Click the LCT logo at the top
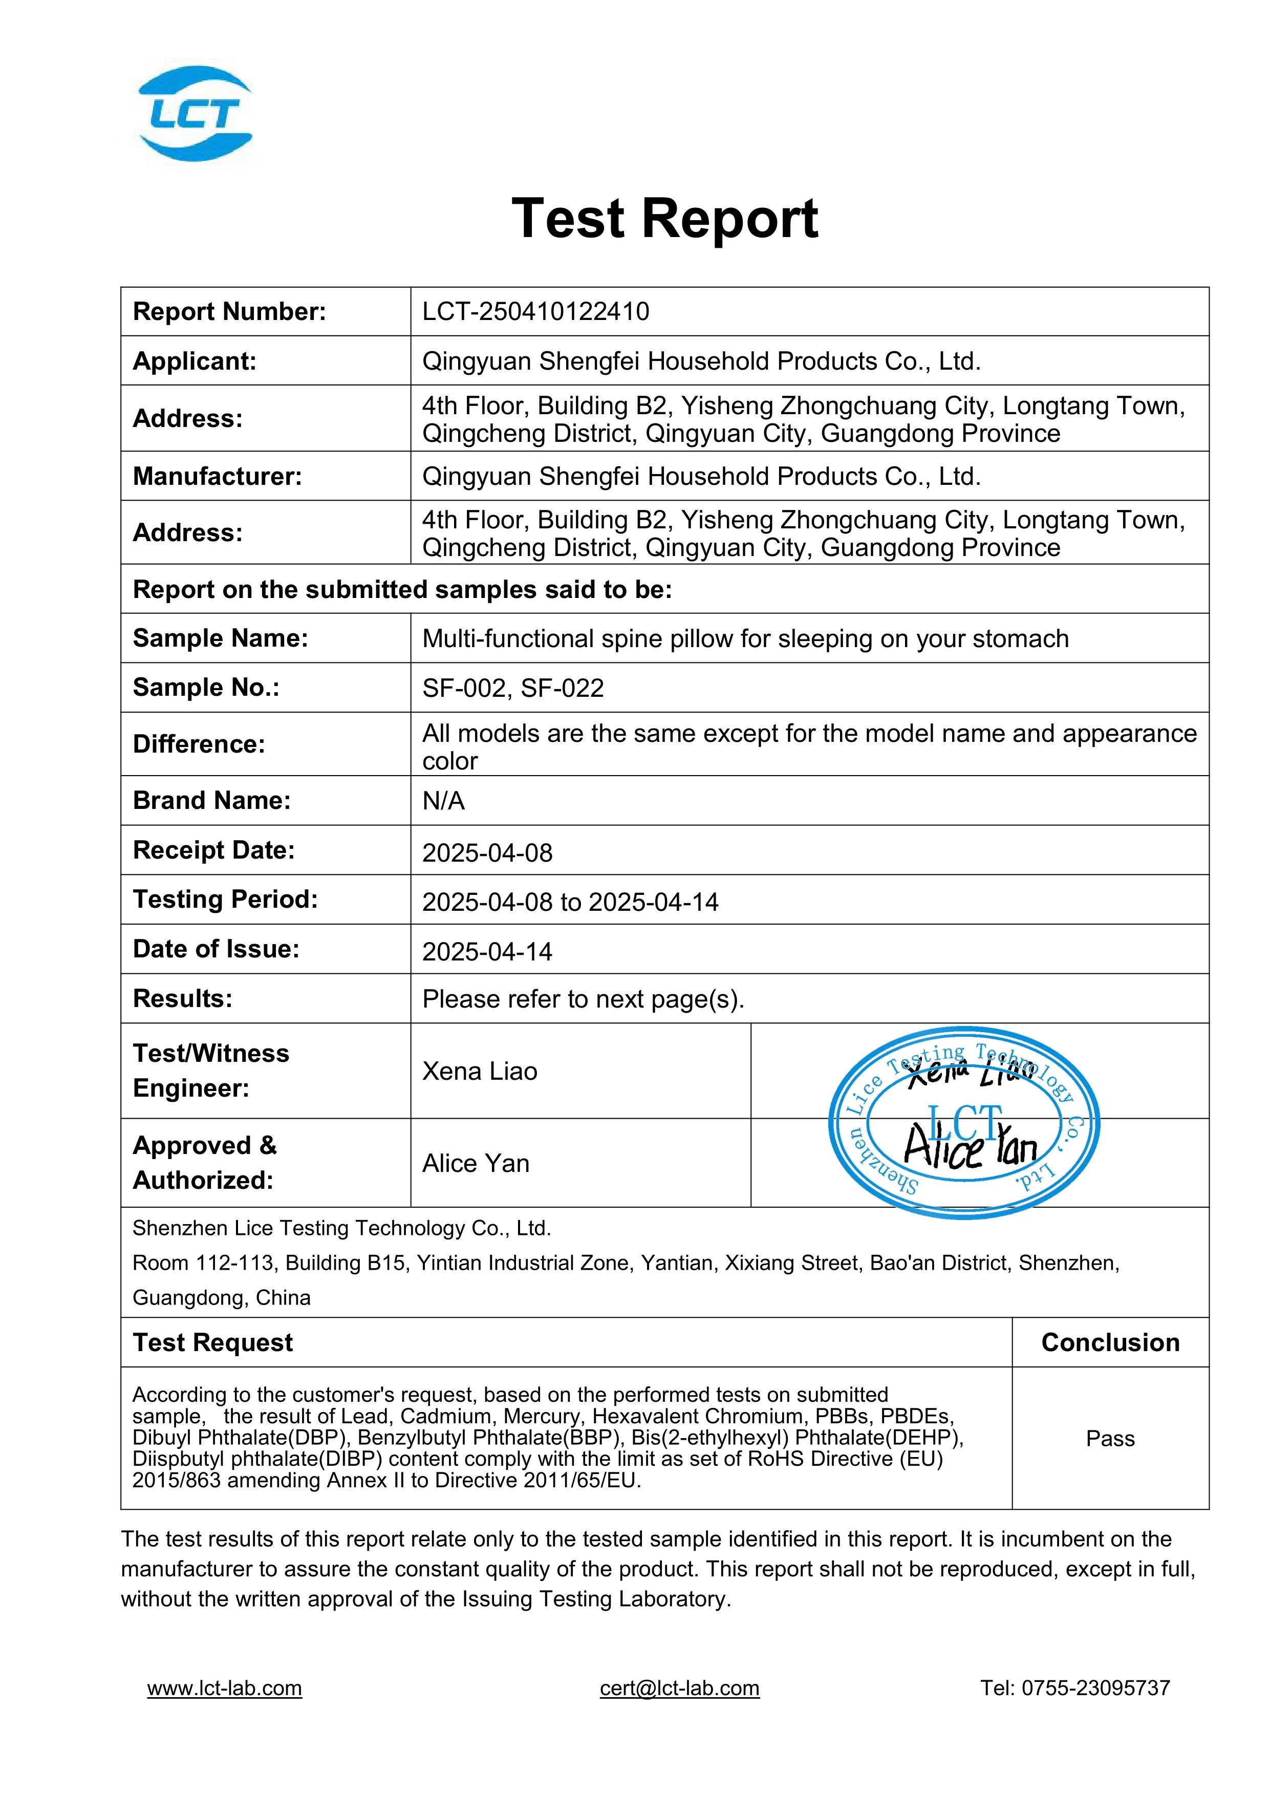pos(196,114)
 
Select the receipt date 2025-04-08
pos(487,852)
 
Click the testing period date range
pos(570,902)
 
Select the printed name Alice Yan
pos(476,1163)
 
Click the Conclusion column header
pos(1110,1342)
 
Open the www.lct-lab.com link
pos(224,1688)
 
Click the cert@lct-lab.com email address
pos(680,1688)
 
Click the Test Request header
pos(213,1342)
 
